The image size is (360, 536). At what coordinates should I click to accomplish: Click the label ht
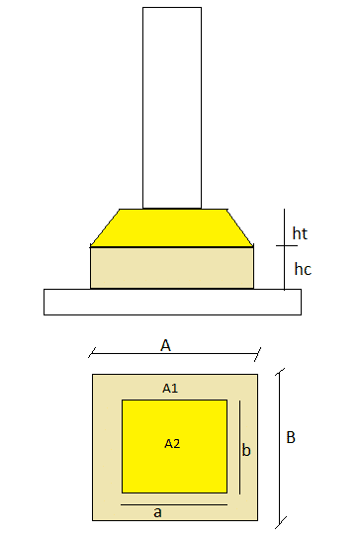pos(301,233)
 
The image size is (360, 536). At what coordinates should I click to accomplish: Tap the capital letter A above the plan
pos(166,345)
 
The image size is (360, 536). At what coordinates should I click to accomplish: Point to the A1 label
pos(170,388)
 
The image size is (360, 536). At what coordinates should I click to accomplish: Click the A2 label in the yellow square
pos(172,443)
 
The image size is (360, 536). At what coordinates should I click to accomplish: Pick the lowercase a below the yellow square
pos(158,511)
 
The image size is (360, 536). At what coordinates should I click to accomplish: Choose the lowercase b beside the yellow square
pos(246,450)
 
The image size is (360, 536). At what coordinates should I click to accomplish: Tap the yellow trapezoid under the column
pos(172,227)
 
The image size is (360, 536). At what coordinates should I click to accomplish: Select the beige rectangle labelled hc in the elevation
pos(172,267)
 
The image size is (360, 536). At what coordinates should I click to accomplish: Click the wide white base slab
pos(172,301)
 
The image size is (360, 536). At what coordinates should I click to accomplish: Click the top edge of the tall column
pos(172,8)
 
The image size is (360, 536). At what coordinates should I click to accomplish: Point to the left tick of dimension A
pos(92,350)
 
